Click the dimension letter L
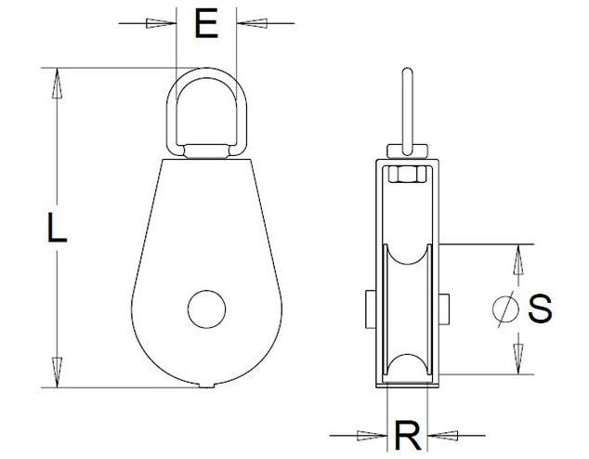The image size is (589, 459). pos(58,228)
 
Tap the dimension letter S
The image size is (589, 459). pos(540,308)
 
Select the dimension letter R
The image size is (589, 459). pos(406,434)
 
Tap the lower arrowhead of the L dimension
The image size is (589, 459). pos(58,372)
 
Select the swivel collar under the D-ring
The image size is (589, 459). pos(206,150)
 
